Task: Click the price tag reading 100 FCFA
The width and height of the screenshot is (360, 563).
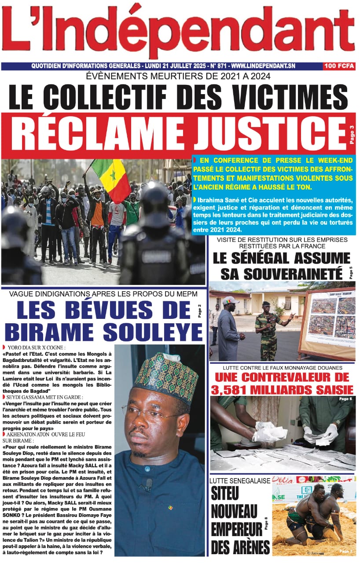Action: point(339,66)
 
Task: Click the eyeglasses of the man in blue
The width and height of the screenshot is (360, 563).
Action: point(152,414)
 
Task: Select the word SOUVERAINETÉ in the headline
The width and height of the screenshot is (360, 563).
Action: point(282,273)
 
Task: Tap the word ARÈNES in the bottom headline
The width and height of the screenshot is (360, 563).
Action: point(240,548)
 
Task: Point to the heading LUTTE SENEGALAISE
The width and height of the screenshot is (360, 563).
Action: point(240,481)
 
